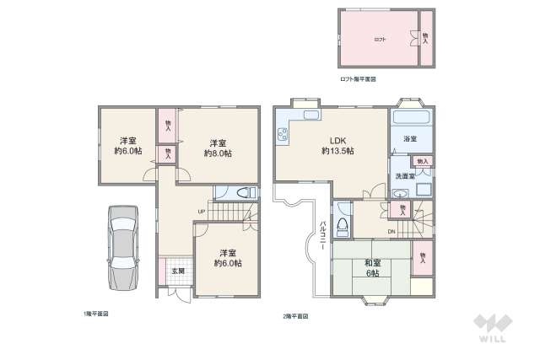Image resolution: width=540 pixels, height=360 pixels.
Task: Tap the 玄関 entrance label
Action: tap(178, 271)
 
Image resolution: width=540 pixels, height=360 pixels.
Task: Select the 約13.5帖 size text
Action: tap(337, 151)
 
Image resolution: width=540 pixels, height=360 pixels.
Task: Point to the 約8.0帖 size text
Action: tap(218, 153)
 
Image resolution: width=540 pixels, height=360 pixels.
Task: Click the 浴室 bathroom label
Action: tap(411, 138)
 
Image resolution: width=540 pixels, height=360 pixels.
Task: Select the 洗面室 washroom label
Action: tap(405, 176)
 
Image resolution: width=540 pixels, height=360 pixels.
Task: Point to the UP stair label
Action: tap(202, 211)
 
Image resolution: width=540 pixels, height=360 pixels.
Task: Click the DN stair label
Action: tap(391, 231)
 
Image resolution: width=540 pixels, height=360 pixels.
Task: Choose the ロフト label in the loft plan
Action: tap(380, 40)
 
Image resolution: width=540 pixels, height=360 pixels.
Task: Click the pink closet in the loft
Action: tap(424, 38)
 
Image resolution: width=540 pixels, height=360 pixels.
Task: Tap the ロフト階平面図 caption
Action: tap(358, 78)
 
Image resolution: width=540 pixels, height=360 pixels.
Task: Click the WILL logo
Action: tap(492, 327)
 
